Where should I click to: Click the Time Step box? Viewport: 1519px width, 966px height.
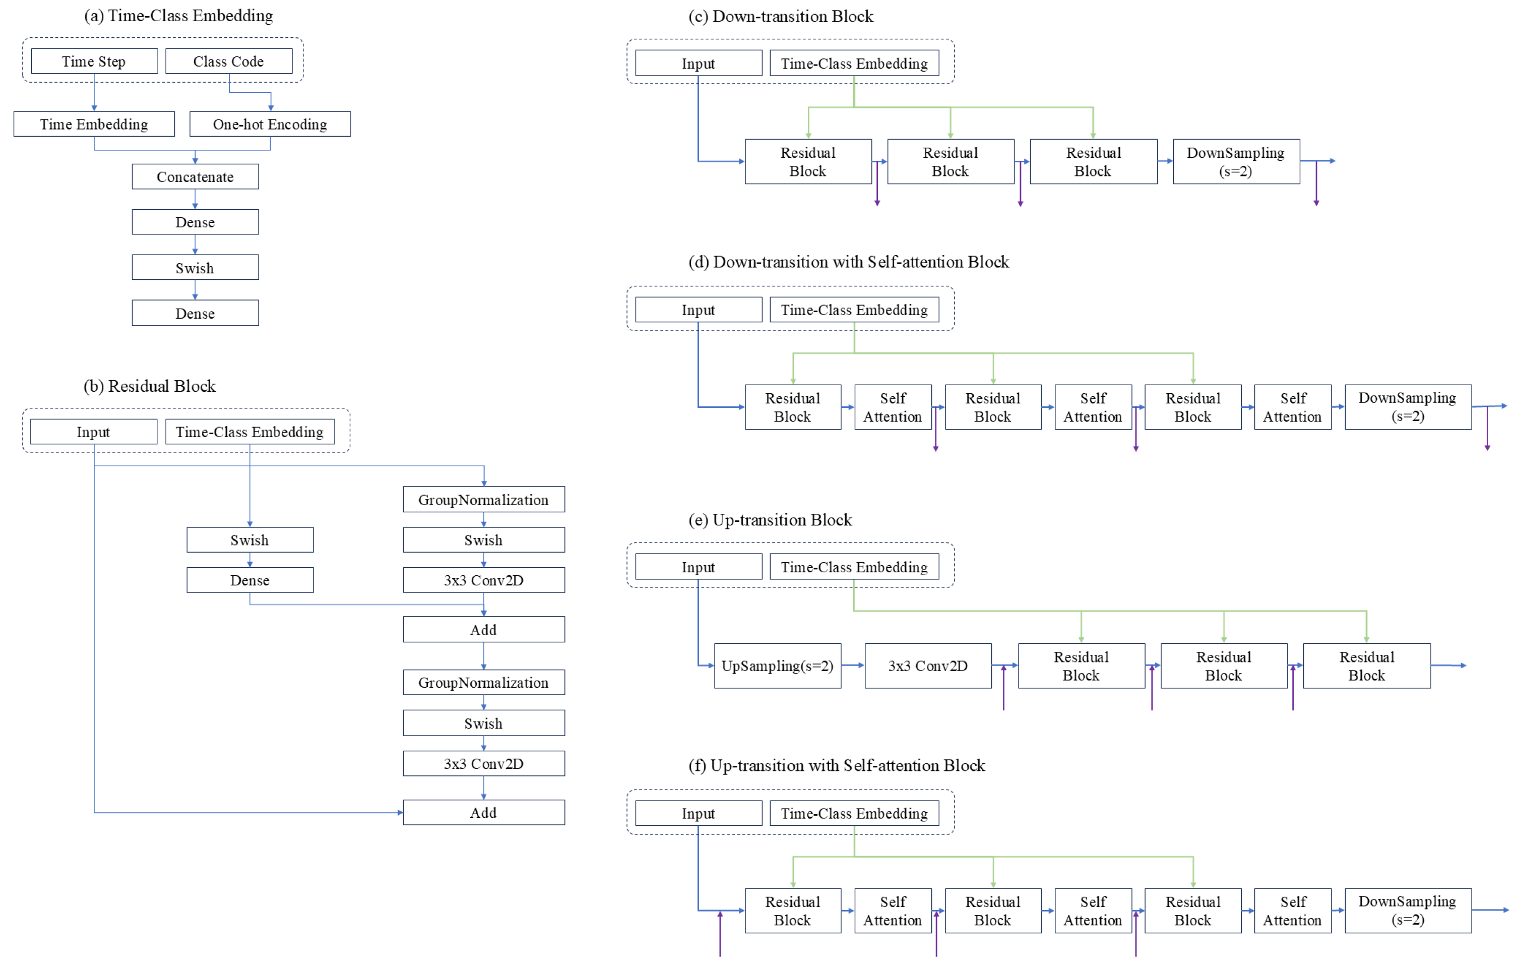click(x=94, y=61)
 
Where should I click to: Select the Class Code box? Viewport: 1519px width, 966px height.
click(x=228, y=61)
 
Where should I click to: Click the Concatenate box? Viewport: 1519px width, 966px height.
click(x=195, y=176)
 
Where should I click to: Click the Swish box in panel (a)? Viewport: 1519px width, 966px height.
click(x=195, y=268)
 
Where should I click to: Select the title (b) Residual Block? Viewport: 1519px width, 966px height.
click(x=150, y=386)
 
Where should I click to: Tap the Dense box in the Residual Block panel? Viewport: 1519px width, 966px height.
click(x=250, y=580)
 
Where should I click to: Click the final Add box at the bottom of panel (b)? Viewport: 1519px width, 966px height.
click(x=484, y=812)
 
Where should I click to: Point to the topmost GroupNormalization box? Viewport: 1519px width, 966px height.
click(x=484, y=499)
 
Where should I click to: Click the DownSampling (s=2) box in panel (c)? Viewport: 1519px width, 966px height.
click(x=1236, y=161)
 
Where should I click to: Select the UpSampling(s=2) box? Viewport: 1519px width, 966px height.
click(x=777, y=666)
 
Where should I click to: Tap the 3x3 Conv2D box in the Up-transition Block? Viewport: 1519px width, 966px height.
click(x=928, y=666)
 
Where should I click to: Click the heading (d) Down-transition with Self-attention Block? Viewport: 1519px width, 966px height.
click(x=848, y=262)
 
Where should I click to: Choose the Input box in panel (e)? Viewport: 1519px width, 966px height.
click(x=699, y=567)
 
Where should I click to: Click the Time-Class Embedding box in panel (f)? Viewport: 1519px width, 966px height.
click(x=854, y=813)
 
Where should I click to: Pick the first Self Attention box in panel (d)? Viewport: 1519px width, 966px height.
click(x=893, y=407)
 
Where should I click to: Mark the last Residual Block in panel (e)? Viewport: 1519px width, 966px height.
click(x=1366, y=666)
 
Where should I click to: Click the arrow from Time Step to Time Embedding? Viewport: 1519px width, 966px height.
click(x=94, y=92)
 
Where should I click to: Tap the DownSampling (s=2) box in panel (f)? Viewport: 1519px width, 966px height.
click(x=1407, y=910)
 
